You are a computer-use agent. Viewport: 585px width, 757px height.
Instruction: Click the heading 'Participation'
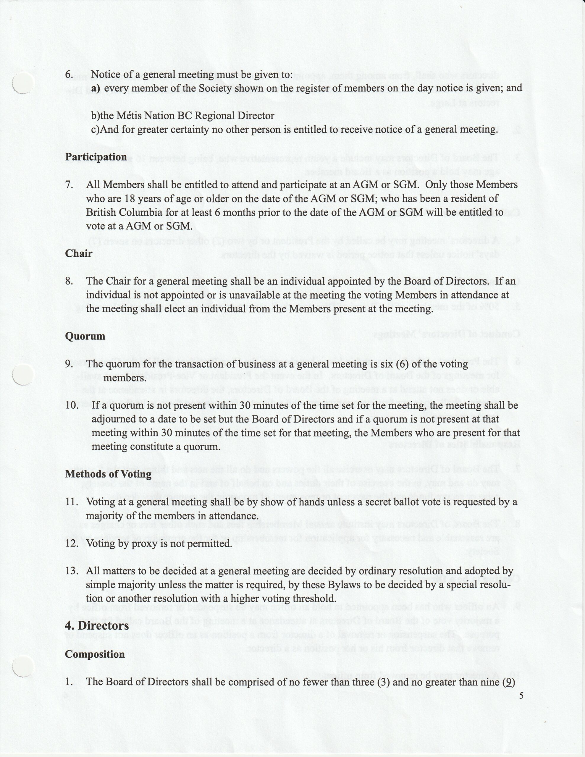[96, 157]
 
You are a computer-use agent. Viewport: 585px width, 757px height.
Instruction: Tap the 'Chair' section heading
[79, 253]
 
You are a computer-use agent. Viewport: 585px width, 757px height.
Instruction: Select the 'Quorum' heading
[85, 336]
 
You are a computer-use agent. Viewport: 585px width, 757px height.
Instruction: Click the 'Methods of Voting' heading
[108, 474]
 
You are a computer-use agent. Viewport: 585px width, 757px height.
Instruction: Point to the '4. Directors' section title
[97, 626]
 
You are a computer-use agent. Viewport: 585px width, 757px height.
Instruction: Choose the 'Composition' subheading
[95, 654]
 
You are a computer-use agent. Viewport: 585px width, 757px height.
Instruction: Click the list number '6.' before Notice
[69, 75]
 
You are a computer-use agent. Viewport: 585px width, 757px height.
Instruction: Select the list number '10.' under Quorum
[72, 405]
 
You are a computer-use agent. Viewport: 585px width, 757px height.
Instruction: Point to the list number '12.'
[72, 543]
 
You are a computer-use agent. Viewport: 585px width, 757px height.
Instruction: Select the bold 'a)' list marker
[95, 88]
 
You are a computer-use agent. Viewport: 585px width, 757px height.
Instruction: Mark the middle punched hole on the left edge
[22, 375]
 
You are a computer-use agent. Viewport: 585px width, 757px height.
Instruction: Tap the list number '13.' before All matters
[72, 571]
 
